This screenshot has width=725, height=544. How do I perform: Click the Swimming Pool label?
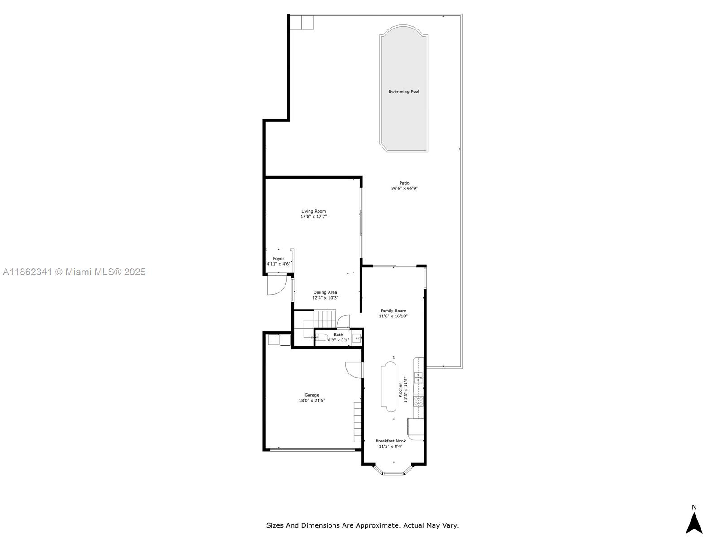coord(403,92)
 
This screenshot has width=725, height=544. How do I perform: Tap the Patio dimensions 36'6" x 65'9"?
coord(404,188)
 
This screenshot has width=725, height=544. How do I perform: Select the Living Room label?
coord(314,211)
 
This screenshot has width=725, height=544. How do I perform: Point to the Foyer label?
coord(278,258)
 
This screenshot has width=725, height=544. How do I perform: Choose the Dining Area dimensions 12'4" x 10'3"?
coord(325,297)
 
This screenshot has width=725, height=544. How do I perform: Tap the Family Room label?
coord(393,311)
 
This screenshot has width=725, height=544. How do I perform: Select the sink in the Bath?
coord(357,338)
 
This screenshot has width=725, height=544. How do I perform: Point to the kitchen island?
coord(388,386)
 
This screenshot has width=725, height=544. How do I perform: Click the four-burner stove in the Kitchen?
coord(419,401)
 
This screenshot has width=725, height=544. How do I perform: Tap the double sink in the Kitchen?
coord(419,377)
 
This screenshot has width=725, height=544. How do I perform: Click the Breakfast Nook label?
coord(391,441)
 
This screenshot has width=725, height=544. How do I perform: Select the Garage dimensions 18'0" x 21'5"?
coord(312,400)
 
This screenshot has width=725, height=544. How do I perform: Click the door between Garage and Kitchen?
coord(354,370)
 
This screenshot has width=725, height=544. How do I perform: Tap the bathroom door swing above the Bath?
coord(343,321)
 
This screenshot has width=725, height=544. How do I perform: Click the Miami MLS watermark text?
coord(74,272)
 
